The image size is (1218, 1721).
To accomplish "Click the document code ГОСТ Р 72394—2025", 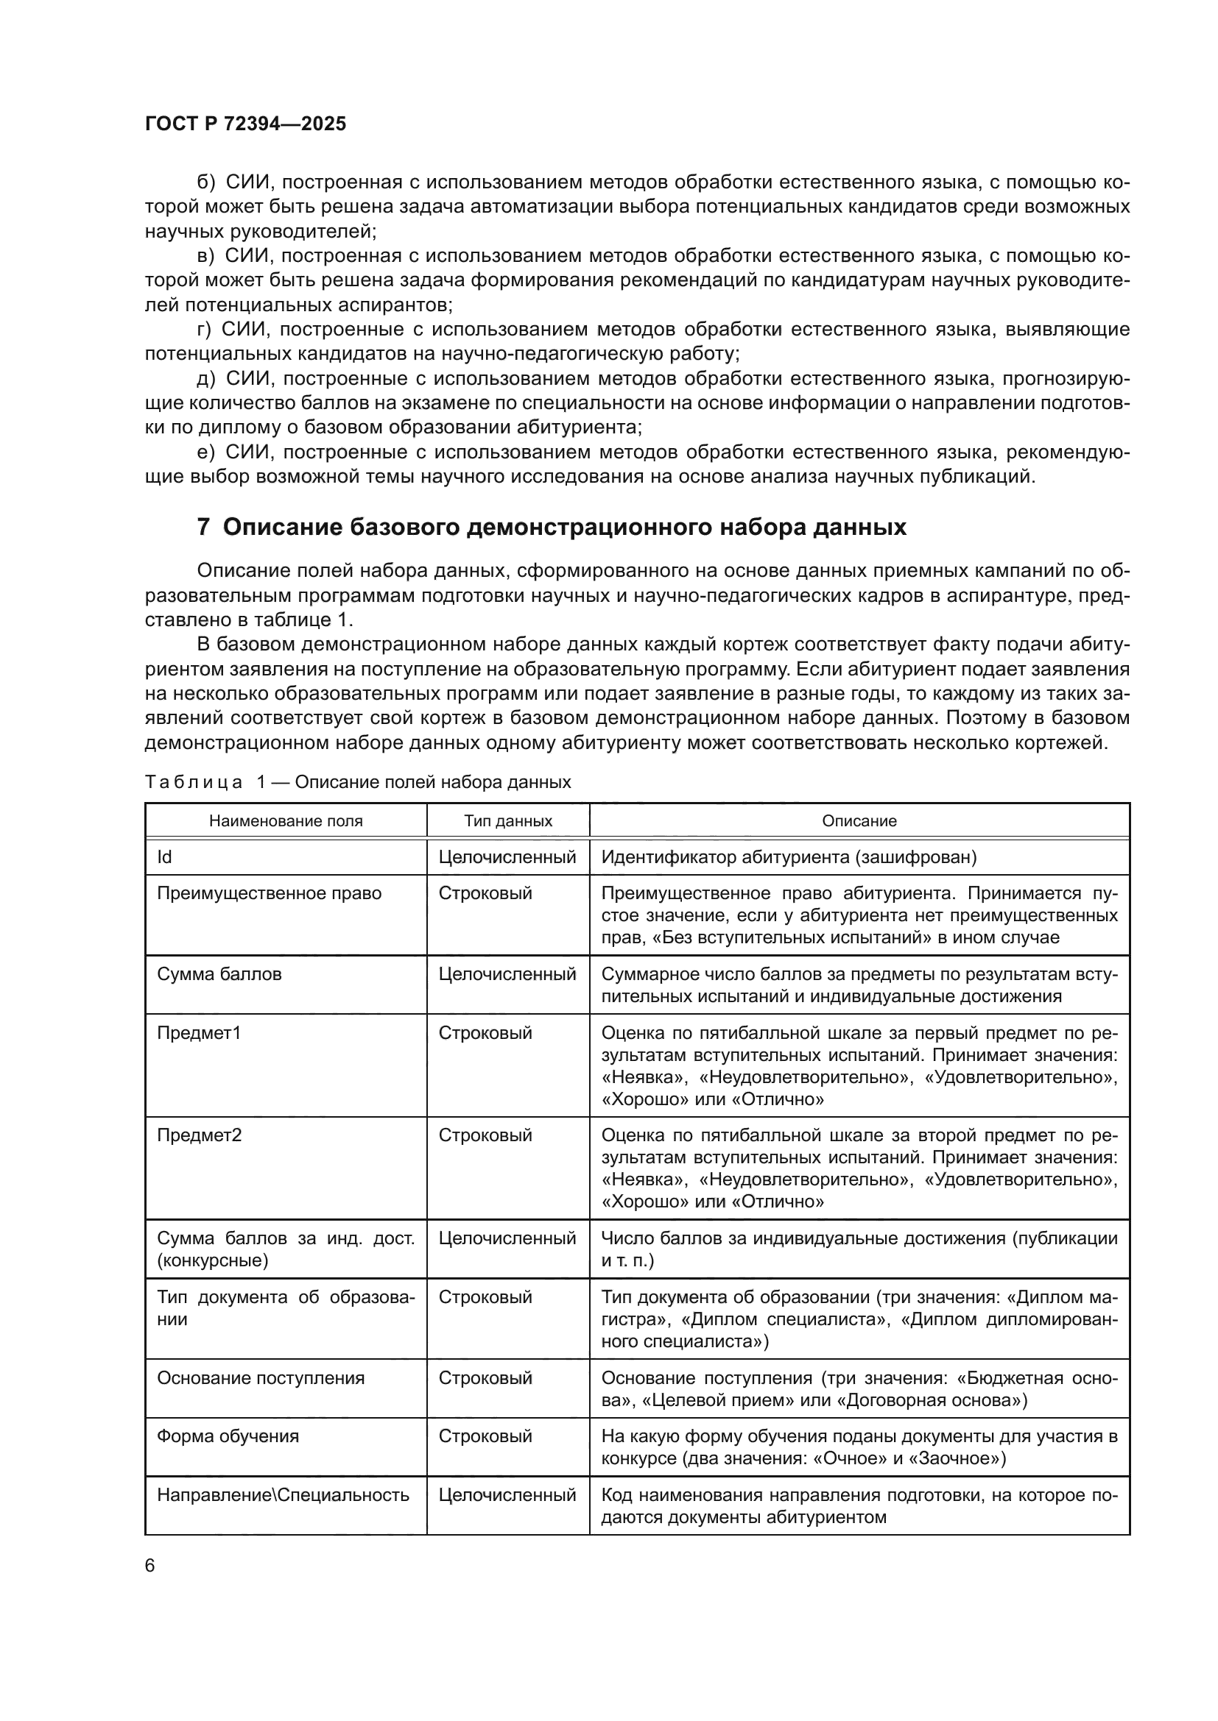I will (x=245, y=124).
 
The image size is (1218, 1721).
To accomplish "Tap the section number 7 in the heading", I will (x=203, y=528).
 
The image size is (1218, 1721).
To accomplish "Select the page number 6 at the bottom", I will (x=150, y=1565).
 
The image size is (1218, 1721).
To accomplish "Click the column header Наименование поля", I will (x=285, y=821).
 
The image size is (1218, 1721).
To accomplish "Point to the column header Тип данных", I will (x=508, y=821).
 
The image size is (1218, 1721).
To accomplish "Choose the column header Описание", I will (x=859, y=821).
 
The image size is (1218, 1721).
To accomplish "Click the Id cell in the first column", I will (x=164, y=856).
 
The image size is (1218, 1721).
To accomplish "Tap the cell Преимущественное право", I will (x=269, y=893).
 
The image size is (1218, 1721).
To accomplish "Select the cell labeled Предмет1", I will (x=199, y=1033).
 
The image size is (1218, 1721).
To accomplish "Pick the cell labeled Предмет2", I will (x=199, y=1135).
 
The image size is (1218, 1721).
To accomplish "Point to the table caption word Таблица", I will (x=193, y=783).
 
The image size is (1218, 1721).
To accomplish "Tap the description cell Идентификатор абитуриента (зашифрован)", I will (x=789, y=856).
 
